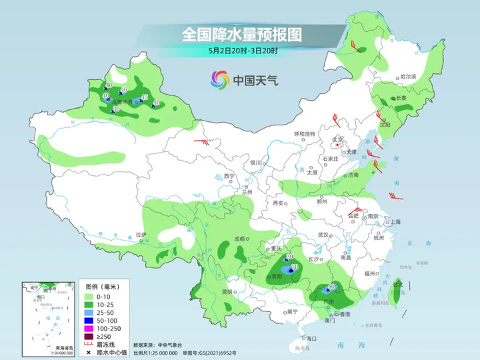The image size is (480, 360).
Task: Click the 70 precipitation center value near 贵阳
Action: pyautogui.click(x=295, y=267)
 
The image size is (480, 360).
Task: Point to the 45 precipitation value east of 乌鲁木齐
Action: pyautogui.click(x=145, y=98)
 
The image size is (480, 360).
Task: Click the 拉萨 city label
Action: pyautogui.click(x=140, y=235)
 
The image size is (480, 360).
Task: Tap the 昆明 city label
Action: pyautogui.click(x=227, y=291)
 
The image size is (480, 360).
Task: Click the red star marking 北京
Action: pyautogui.click(x=337, y=145)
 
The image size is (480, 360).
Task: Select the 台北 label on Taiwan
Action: pyautogui.click(x=400, y=285)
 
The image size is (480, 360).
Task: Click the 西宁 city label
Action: pyautogui.click(x=229, y=175)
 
